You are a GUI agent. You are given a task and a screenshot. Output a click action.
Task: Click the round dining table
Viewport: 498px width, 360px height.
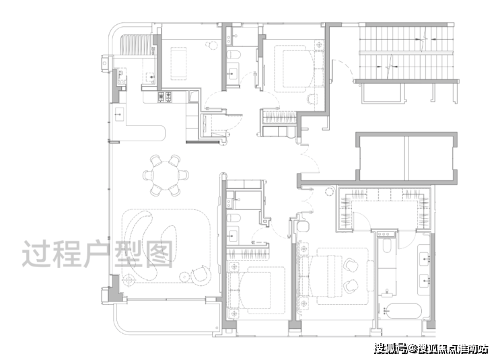coord(166,175)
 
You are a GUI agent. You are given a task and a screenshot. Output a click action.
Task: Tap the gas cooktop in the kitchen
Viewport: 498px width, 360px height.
coord(165,97)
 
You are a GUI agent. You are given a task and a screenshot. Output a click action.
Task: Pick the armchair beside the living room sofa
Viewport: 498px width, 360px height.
coord(201,275)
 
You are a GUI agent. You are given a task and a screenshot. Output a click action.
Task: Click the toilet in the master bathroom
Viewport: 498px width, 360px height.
coord(386,246)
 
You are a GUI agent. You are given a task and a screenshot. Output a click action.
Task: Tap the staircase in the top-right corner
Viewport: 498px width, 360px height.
coord(406,52)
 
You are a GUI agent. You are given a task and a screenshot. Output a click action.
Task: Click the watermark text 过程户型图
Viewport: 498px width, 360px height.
coord(98,254)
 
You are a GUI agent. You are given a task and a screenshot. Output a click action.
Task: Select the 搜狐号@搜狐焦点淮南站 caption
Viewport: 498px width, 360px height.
coord(431,349)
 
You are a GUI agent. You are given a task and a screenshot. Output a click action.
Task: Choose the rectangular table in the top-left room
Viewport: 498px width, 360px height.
coord(178,63)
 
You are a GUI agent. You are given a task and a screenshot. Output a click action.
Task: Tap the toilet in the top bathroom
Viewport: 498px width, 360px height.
coord(234,54)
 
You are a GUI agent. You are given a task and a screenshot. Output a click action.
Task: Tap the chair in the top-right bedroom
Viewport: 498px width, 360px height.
coord(312,100)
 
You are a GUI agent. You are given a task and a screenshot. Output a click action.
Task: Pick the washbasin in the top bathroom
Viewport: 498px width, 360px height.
coord(233,74)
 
